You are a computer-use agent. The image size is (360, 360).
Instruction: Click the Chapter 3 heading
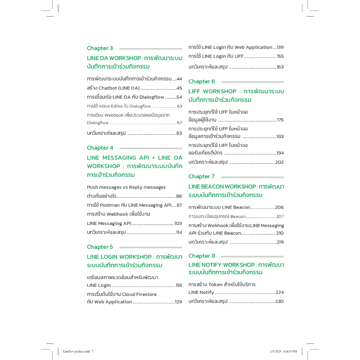100,48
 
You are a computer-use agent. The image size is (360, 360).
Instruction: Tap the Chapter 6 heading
201,82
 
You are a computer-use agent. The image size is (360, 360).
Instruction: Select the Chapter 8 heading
201,256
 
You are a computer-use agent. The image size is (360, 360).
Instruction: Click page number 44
179,79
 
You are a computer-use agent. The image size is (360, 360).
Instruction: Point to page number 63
179,106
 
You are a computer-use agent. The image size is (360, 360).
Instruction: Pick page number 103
178,223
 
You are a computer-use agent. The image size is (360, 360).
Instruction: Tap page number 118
179,285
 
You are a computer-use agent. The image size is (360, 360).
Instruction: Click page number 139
280,47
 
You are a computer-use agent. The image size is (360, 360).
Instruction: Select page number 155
280,56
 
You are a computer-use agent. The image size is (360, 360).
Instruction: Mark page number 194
280,153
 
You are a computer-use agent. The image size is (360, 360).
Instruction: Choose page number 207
280,217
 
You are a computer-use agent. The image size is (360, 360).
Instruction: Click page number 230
279,301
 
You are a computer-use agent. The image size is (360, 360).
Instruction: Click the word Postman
110,205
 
